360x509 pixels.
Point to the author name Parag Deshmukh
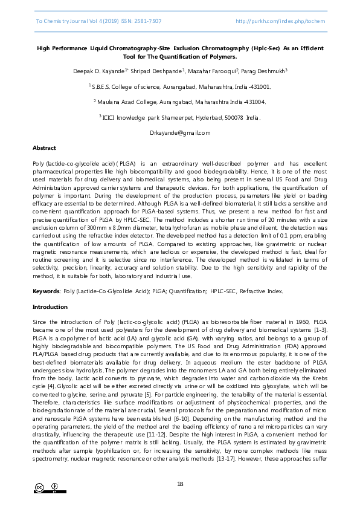(265, 71)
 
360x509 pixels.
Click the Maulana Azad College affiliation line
(179, 102)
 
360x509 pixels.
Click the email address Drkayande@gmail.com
(179, 132)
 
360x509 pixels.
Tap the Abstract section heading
(44, 148)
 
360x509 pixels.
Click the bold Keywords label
(47, 291)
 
